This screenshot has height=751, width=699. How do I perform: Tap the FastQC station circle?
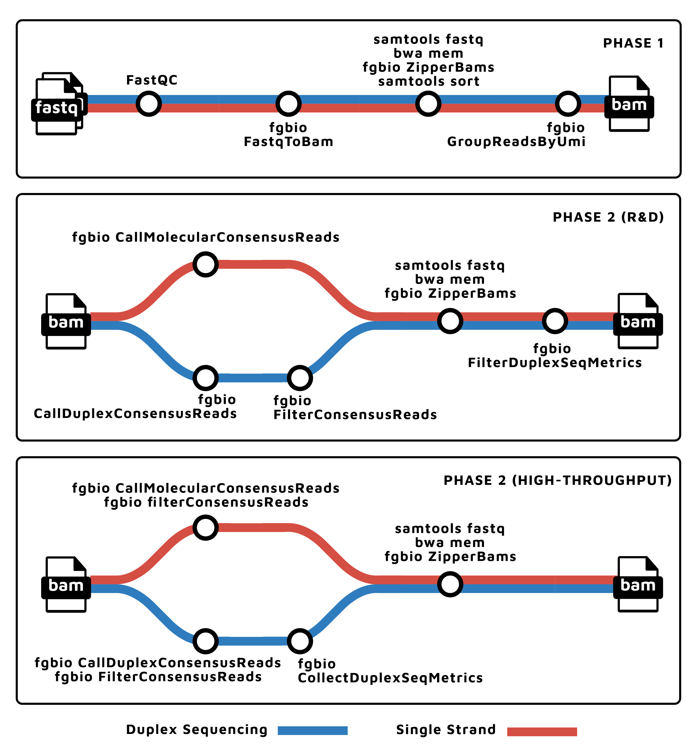149,103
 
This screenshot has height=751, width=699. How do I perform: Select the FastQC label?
152,80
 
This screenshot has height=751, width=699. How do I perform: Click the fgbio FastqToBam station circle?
289,103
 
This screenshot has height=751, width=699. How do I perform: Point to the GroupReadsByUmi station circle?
568,103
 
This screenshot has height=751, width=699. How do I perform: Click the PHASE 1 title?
633,43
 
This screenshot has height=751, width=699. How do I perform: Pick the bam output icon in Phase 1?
629,104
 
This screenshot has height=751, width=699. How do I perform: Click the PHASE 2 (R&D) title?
608,217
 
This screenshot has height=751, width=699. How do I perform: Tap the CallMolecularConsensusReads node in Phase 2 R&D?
206,264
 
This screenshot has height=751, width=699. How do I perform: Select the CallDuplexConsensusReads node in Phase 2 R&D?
206,378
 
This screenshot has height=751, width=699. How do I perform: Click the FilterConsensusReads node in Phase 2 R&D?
300,378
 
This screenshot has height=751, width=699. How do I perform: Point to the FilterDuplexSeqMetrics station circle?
555,321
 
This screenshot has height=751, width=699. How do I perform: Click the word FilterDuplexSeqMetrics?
555,363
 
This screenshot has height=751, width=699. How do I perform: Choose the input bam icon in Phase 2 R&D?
66,322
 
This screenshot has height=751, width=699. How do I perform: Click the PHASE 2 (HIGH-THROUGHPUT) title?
558,481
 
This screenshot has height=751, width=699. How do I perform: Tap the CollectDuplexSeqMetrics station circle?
300,641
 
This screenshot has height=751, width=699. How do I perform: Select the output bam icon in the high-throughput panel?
638,585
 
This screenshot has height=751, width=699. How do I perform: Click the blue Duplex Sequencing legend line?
312,730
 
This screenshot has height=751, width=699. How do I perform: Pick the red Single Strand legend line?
542,731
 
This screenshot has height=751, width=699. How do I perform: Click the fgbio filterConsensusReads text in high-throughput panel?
206,502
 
